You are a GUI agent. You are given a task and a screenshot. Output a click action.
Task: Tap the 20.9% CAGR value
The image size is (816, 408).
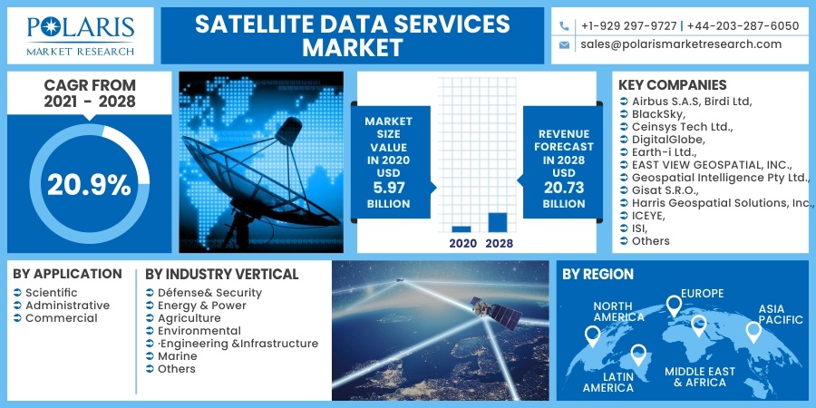tap(89, 185)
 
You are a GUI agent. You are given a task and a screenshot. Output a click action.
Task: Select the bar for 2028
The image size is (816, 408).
tap(498, 222)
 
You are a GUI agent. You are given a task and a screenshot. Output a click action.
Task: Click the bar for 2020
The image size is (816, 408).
tap(461, 229)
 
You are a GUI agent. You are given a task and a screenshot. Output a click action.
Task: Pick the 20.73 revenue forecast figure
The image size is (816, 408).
tap(564, 188)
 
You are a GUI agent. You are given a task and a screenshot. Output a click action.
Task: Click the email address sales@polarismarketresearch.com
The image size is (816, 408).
tap(681, 44)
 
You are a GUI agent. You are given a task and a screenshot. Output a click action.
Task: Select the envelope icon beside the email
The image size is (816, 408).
tap(565, 44)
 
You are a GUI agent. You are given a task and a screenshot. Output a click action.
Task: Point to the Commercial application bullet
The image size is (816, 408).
tap(61, 318)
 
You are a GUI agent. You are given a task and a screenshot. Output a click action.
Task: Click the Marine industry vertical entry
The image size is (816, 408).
tap(177, 356)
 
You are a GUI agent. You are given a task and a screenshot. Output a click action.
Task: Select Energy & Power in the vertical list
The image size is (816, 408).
tap(201, 306)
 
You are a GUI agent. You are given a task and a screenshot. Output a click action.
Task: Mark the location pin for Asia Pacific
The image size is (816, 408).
tap(753, 332)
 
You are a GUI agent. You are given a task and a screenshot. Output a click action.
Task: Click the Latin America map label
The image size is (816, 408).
tap(607, 381)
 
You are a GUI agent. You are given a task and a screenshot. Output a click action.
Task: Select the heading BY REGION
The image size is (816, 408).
tap(597, 274)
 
